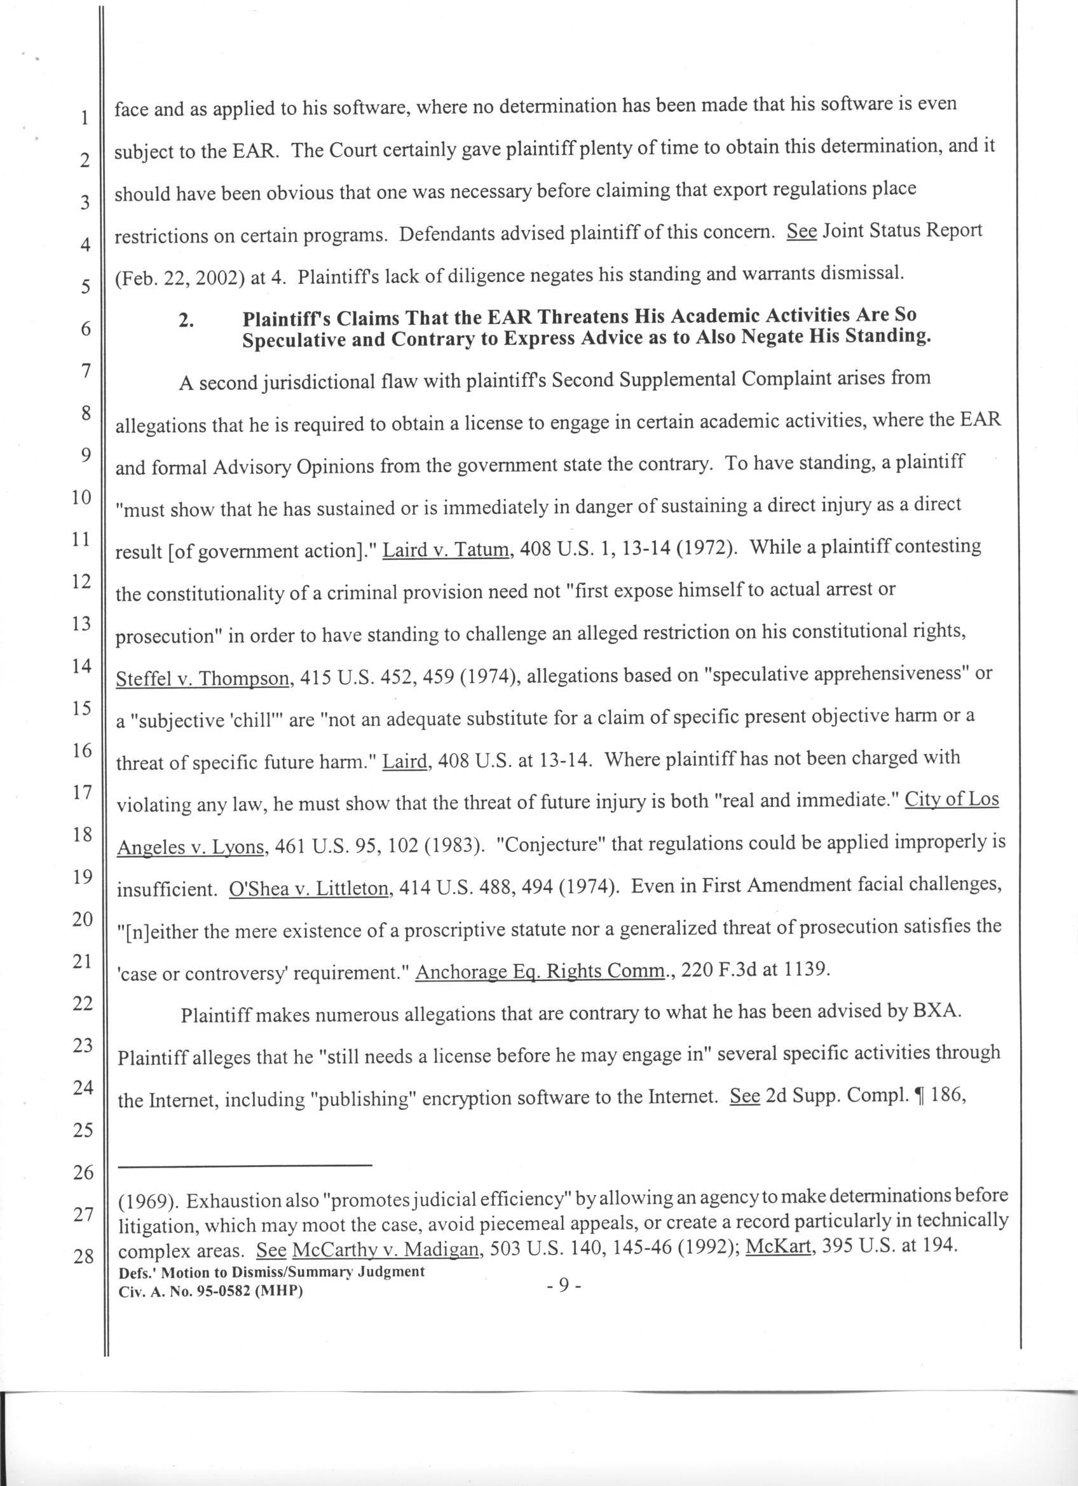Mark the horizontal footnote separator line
tap(245, 1165)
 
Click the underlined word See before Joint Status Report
tap(801, 232)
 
